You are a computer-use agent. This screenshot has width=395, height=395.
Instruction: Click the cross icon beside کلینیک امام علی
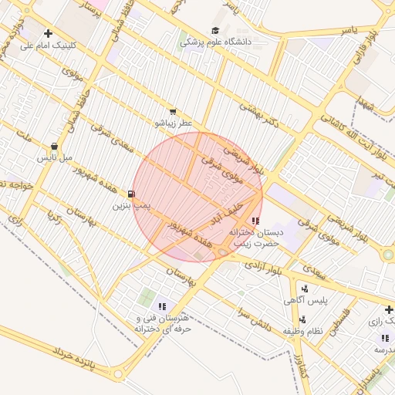coord(49,34)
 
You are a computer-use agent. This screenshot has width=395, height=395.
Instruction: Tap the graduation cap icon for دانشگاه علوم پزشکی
coord(214,31)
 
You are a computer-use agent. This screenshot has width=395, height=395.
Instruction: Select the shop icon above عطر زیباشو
coord(173,112)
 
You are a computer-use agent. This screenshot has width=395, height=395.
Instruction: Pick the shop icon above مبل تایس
coord(54,146)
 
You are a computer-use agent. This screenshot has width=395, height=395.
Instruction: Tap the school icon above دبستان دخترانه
coord(255,221)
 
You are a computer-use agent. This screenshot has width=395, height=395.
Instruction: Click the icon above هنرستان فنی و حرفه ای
coord(162,307)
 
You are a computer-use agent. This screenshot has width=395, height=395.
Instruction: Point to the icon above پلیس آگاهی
coord(305,289)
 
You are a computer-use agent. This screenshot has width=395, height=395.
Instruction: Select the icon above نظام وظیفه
coord(301,319)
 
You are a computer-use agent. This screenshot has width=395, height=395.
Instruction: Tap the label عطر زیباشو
coord(174,123)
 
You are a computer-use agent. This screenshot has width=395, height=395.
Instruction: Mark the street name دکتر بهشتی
coord(258,116)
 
